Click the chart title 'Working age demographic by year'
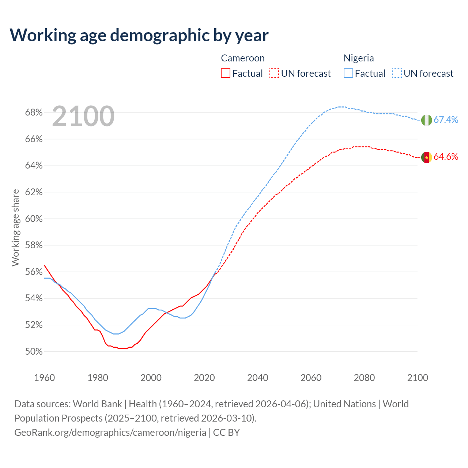click(x=139, y=35)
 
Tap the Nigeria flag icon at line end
click(x=426, y=120)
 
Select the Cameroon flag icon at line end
click(x=426, y=157)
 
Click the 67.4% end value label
click(x=446, y=120)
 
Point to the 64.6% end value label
click(x=446, y=156)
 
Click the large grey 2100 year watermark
click(x=83, y=116)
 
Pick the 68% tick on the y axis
click(x=34, y=113)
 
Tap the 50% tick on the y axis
click(x=34, y=352)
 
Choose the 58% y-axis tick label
click(x=34, y=245)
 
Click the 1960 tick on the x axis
click(x=44, y=378)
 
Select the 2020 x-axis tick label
click(x=204, y=378)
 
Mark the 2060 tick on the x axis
click(x=311, y=378)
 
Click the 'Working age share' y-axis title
click(x=15, y=227)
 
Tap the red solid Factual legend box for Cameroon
click(x=226, y=73)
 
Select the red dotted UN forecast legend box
click(x=274, y=73)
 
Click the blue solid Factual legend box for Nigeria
click(x=348, y=73)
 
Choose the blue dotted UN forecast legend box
click(x=397, y=73)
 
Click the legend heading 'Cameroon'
click(x=243, y=58)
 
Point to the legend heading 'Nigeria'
click(x=359, y=58)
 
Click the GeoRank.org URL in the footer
click(x=110, y=433)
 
